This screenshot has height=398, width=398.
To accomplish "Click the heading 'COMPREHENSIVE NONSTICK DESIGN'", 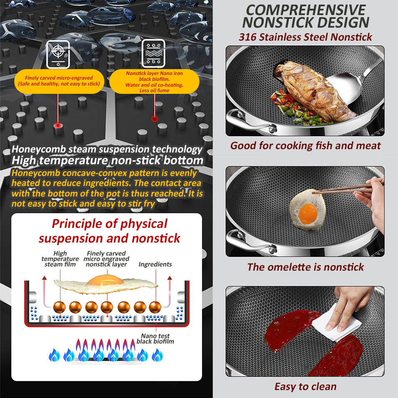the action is (x=305, y=16).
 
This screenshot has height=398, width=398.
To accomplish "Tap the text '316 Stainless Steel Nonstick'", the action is (x=305, y=37).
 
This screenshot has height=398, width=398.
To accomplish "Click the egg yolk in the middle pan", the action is (x=308, y=214).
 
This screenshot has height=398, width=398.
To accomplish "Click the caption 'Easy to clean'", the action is (x=305, y=387).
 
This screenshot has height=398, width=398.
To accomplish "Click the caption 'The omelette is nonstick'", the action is (x=305, y=267).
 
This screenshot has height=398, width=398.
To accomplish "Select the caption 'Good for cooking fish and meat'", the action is (x=305, y=146).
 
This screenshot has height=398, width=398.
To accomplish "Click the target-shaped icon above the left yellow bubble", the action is (x=58, y=54).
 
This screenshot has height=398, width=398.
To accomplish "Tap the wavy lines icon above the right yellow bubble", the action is (x=153, y=54).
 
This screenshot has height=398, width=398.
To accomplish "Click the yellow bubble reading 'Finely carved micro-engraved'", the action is (x=59, y=81).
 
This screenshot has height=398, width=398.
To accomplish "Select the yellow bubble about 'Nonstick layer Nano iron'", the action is (x=154, y=81).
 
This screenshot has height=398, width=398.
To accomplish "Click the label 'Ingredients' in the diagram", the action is (x=155, y=264).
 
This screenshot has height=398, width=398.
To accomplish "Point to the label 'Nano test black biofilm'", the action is (x=155, y=339).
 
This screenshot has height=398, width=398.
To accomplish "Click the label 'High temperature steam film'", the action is (x=60, y=258).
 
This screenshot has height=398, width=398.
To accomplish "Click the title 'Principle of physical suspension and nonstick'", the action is (x=109, y=231).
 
